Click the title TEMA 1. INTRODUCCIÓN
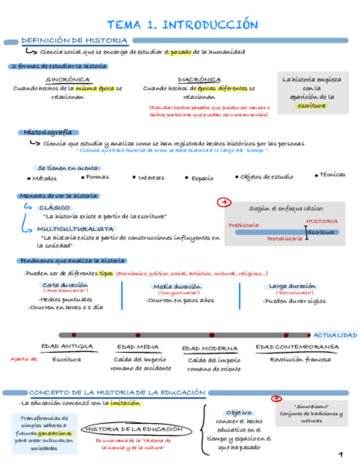182,25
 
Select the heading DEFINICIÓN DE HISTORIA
74,41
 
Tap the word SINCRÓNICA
67,80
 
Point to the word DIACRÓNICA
199,80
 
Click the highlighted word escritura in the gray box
312,105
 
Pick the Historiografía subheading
48,132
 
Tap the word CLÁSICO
54,208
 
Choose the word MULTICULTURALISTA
76,229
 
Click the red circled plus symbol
223,203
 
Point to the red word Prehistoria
244,225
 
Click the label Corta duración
65,285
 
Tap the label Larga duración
292,286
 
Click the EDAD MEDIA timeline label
138,347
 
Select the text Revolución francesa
300,360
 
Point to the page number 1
341,455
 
